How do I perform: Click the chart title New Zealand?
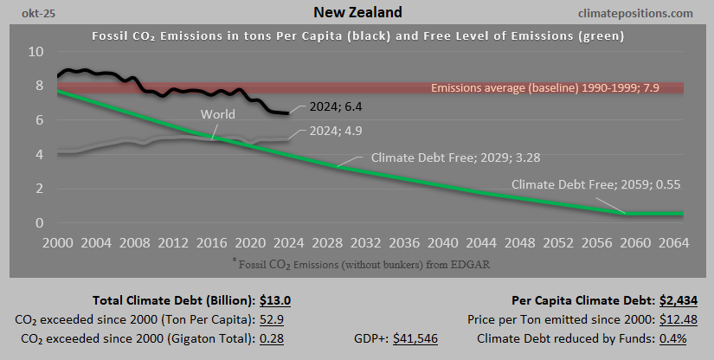pyautogui.click(x=357, y=13)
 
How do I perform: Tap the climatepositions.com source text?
pyautogui.click(x=639, y=13)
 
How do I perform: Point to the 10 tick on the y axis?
pyautogui.click(x=35, y=52)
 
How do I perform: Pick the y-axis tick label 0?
pyautogui.click(x=40, y=223)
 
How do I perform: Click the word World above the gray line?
pyautogui.click(x=217, y=114)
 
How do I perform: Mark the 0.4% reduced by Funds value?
pyautogui.click(x=672, y=338)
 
